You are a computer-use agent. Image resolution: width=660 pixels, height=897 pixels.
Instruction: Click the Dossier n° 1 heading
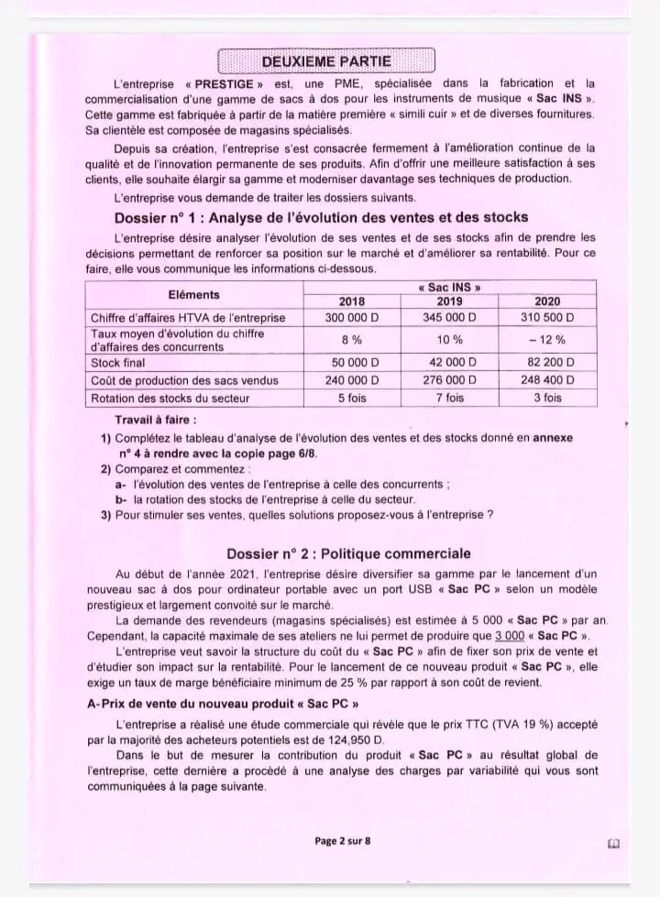321,217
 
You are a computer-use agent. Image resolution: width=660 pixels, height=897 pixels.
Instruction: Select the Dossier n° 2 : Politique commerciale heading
348,553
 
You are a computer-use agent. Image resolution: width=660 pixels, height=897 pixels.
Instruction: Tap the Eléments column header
194,294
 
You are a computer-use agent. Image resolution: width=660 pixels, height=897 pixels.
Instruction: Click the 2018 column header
352,301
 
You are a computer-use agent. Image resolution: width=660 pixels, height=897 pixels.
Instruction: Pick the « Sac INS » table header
449,287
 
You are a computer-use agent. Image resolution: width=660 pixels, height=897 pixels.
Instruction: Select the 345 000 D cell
449,317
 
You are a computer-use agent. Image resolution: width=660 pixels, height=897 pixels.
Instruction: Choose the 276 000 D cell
449,380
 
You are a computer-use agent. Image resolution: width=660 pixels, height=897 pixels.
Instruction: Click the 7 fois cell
449,398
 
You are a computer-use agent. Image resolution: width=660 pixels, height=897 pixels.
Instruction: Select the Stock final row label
117,363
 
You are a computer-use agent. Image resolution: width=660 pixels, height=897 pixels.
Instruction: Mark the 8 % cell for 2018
352,340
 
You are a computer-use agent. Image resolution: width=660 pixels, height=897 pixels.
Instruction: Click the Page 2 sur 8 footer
342,841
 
